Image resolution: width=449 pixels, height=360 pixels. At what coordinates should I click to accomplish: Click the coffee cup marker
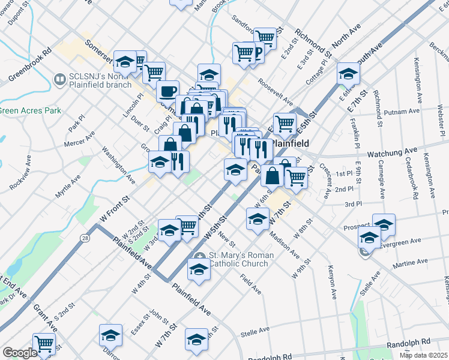click(x=167, y=91)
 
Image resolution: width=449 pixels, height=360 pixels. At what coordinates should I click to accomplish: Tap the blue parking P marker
click(x=258, y=53)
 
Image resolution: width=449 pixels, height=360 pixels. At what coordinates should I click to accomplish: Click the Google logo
click(x=20, y=353)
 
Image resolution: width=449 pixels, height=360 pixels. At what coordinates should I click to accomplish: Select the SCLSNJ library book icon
click(x=59, y=79)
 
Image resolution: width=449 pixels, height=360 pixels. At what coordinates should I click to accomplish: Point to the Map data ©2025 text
click(x=423, y=355)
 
